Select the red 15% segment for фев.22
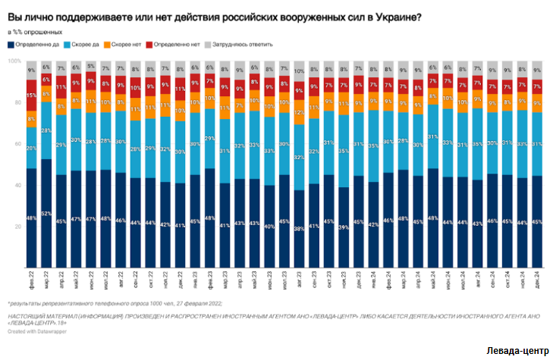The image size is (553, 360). (31, 96)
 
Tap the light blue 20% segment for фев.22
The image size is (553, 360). (31, 148)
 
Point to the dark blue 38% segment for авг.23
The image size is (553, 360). (299, 227)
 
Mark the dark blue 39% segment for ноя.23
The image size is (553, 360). (344, 227)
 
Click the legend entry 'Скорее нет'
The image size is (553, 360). (128, 45)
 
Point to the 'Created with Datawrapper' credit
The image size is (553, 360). (39, 330)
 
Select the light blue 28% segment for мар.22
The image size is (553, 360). (46, 131)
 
